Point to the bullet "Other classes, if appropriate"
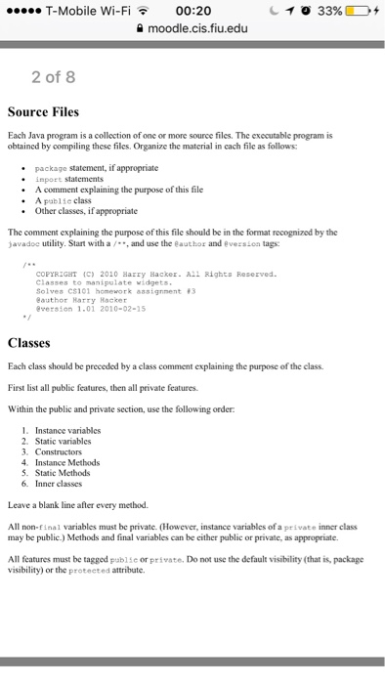coord(86,210)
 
